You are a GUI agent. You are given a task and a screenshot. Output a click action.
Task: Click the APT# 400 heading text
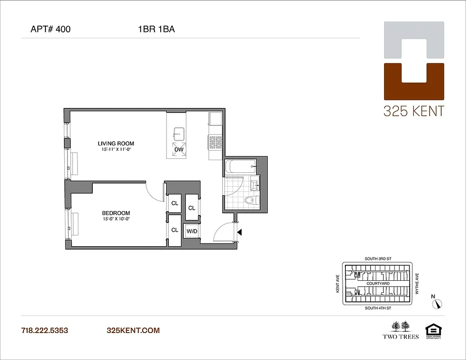[x=50, y=30]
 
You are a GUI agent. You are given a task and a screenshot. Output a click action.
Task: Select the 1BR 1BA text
[x=156, y=30]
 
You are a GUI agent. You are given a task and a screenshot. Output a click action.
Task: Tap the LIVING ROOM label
[x=116, y=144]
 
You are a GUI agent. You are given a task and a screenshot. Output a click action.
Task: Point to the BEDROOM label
[x=116, y=213]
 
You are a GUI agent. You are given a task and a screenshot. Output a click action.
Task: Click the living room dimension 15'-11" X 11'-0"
[x=116, y=149]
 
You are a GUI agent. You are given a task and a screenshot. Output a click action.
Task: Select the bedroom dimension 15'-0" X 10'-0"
[x=116, y=219]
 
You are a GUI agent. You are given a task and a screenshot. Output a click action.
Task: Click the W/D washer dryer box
[x=192, y=231]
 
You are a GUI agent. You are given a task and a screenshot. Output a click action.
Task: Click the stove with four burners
[x=215, y=142]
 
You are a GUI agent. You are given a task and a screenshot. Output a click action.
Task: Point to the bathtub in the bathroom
[x=240, y=166]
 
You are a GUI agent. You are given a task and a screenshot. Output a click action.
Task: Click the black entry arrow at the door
[x=240, y=232]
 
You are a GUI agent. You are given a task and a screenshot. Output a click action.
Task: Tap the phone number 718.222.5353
[x=45, y=330]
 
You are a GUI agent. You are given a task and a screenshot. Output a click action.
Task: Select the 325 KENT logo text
[x=413, y=111]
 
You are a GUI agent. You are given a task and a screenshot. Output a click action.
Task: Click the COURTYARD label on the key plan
[x=378, y=283]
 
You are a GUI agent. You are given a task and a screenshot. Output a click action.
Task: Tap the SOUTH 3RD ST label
[x=377, y=260]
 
